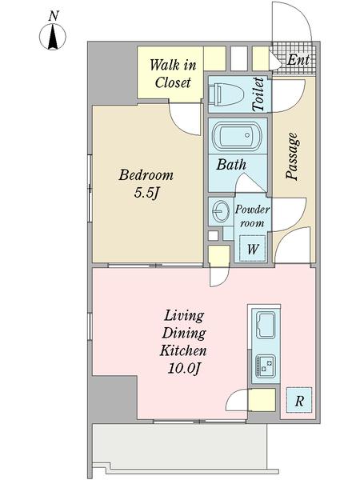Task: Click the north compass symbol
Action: tap(53, 37)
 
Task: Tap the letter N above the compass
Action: tap(54, 16)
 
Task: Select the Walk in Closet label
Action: tap(173, 74)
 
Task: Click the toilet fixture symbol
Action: tap(226, 94)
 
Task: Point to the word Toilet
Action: tap(258, 94)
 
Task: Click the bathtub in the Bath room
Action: tap(237, 136)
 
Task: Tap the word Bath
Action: tap(231, 164)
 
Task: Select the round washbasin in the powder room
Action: tap(221, 210)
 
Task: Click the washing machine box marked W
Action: tap(252, 248)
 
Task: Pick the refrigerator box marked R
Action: tap(299, 400)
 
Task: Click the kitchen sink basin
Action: tap(266, 325)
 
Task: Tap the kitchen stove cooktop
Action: tap(266, 366)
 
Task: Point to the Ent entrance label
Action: tap(298, 60)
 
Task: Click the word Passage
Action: tap(292, 156)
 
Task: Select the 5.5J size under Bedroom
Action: tap(147, 193)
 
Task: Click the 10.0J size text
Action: tap(184, 369)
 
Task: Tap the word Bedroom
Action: tap(146, 175)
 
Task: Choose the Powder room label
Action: tap(252, 216)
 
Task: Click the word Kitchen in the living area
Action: tap(183, 351)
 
